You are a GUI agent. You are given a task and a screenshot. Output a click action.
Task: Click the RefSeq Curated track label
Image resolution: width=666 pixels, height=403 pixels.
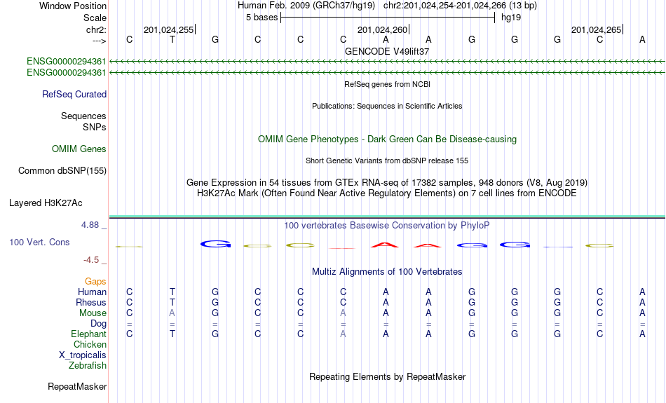pos(74,95)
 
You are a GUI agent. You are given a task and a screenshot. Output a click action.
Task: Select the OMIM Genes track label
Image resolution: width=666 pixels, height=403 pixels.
pos(79,149)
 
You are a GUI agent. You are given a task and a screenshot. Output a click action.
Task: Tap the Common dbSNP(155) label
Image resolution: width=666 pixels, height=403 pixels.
pos(62,171)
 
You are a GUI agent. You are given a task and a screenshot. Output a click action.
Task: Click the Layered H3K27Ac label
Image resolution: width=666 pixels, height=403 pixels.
pos(46,203)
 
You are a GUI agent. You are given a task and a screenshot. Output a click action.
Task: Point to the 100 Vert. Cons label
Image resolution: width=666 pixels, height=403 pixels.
pos(39,242)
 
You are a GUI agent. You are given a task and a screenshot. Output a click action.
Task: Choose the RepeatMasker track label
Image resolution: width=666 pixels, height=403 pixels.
pos(77,386)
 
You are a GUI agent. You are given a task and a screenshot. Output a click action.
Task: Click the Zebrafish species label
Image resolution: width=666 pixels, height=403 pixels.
pos(88,366)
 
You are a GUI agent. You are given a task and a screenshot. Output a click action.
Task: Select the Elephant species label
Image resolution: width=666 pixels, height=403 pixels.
pos(88,334)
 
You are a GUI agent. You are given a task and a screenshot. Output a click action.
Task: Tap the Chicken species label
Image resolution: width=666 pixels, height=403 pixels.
pos(90,344)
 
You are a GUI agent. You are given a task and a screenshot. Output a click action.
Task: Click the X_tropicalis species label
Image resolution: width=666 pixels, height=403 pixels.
pos(83,355)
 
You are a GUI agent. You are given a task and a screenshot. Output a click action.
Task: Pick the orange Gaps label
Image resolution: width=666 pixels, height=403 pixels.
pos(95,282)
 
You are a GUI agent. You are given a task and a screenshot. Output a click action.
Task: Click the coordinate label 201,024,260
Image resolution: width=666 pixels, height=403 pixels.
pos(382,29)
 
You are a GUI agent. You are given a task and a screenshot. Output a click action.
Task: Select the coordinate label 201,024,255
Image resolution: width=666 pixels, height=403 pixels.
pos(169,29)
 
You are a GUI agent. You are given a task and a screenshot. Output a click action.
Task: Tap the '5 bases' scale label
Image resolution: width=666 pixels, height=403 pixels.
pos(261,18)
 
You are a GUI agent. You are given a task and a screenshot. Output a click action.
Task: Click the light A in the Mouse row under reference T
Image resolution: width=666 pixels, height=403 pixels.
pos(172,313)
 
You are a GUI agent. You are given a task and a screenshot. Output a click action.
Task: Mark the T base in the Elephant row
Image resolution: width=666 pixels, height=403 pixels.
pos(172,334)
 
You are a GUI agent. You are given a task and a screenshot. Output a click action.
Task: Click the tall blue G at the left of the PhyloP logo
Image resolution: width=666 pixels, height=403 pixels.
pos(215,244)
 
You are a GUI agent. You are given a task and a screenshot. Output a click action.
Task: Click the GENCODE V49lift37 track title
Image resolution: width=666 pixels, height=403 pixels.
pos(387,51)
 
